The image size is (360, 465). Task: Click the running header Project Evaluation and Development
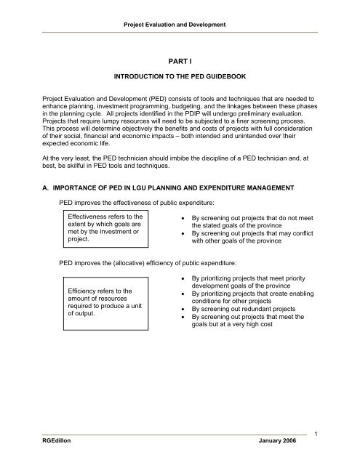180,25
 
